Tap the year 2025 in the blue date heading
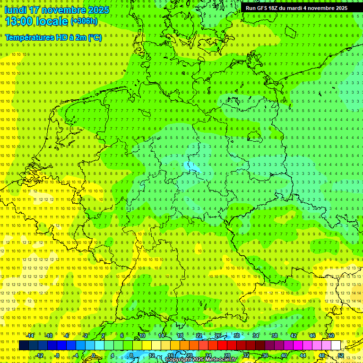[x=98, y=10]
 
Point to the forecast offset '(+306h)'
[x=84, y=21]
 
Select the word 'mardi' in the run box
[x=293, y=8]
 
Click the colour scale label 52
[x=341, y=355]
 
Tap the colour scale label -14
[x=31, y=336]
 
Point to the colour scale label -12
[x=40, y=355]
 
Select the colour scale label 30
[x=236, y=336]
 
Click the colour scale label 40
[x=284, y=355]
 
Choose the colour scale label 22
[x=199, y=336]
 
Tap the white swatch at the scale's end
[x=336, y=346]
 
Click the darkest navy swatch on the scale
[x=24, y=346]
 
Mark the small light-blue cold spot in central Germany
[x=192, y=166]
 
